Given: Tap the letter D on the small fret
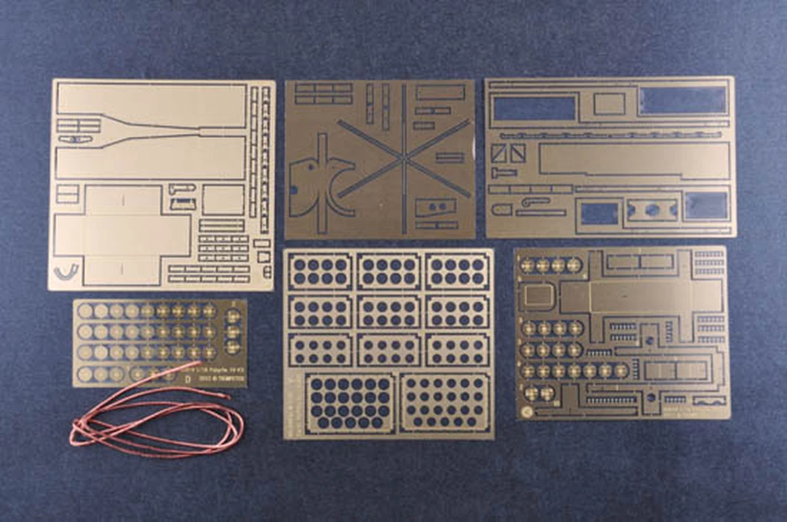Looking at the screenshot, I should pos(188,379).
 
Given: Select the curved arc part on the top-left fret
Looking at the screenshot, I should pos(66,271).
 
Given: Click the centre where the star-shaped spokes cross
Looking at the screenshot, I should pos(404,158).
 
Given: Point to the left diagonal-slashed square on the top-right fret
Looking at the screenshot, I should pos(499,153).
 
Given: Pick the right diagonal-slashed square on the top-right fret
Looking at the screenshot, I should pos(518,153).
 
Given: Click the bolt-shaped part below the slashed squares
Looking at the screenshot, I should pos(504,173).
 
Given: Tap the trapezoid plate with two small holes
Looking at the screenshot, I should pos(435,207).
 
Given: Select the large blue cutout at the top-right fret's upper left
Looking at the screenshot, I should pos(534,108).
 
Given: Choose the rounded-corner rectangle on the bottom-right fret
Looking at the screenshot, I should pos(539,296).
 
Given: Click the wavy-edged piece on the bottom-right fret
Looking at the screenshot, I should pos(709,401).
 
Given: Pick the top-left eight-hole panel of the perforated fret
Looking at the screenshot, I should pos(320,271).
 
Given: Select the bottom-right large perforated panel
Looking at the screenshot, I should pos(445,403).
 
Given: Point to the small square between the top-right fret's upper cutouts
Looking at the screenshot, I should pos(609,104).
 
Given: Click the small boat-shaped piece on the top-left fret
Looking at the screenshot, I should pos(76,140).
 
